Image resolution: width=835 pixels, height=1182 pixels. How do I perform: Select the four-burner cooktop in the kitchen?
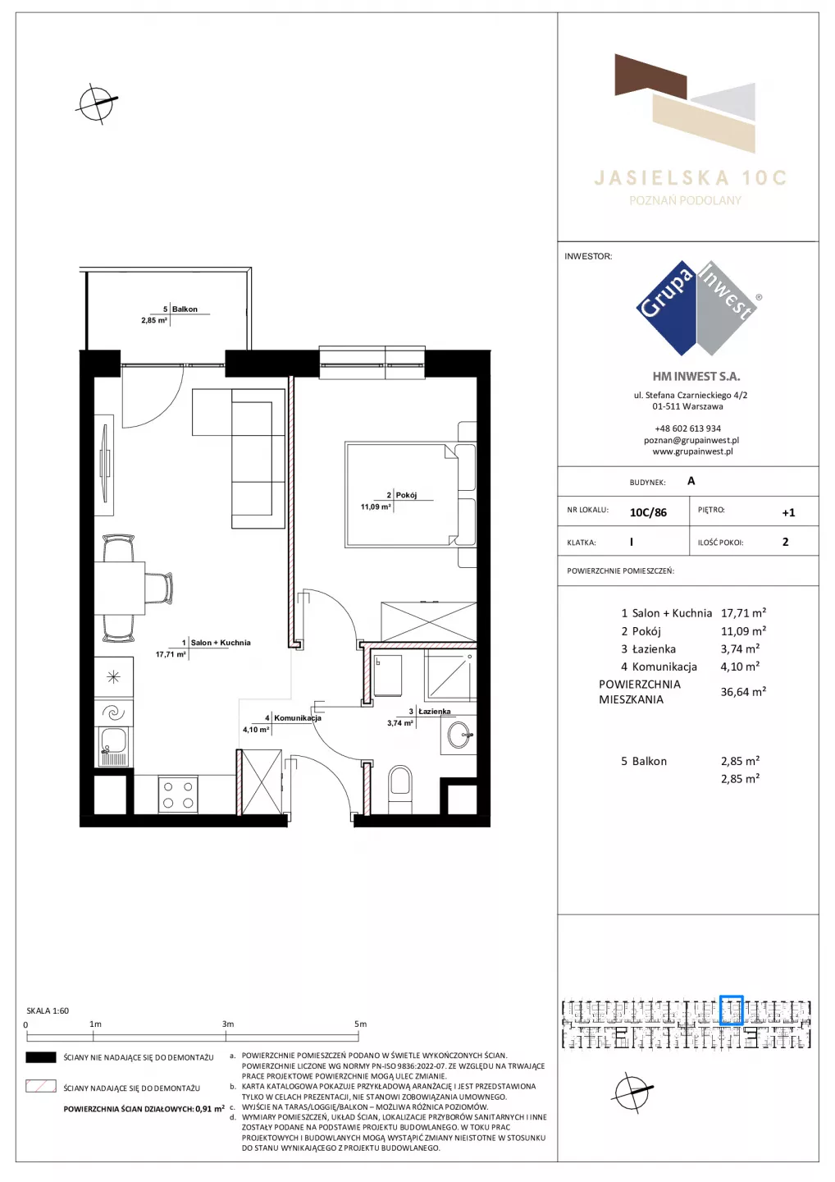178,795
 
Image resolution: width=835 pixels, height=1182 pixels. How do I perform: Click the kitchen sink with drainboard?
113,746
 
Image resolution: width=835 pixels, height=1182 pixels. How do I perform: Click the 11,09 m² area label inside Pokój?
376,507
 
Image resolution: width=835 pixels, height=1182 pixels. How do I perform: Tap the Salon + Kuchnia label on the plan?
221,643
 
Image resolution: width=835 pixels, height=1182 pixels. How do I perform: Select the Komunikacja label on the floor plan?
298,717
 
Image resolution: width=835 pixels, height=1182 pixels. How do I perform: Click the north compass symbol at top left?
97,103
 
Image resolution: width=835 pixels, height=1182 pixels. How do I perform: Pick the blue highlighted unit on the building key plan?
732,1010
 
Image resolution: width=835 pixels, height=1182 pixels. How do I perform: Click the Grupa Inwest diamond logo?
697,308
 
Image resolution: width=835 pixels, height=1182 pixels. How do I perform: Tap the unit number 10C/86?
648,512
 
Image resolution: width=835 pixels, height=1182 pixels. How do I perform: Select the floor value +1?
788,512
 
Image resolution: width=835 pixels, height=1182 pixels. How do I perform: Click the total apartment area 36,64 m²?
743,691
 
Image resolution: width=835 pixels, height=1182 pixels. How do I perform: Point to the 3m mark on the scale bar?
226,1037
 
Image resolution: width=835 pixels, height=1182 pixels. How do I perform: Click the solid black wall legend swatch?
40,1057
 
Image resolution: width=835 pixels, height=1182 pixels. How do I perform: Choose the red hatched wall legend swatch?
40,1086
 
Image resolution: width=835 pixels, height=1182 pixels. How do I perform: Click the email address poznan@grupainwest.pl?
691,440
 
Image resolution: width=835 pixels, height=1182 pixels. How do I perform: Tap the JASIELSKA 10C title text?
690,178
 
